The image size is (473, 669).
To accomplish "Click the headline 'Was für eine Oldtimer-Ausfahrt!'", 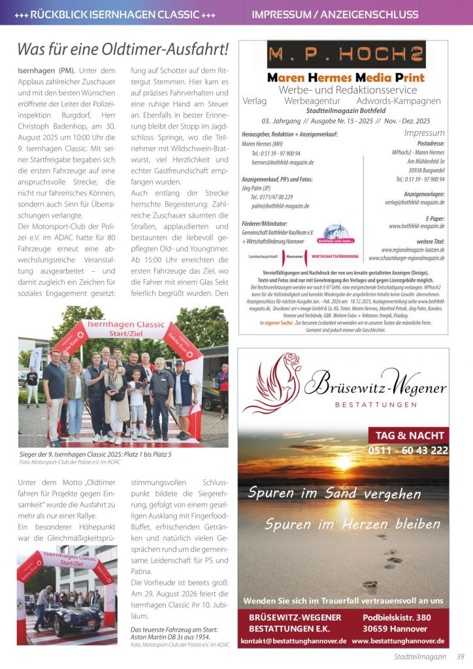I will pos(123,49).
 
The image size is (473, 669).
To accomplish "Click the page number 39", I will pos(461,657).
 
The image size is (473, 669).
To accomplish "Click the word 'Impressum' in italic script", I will pos(424,133).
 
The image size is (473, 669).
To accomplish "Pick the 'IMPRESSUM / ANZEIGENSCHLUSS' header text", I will pos(334,14).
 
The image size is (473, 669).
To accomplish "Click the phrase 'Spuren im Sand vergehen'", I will pos(334,493).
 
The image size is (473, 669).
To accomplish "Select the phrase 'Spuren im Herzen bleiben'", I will pos(343,524).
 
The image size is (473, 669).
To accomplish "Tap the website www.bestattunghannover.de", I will pos(398,641).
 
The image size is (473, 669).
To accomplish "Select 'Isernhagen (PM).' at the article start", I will pos(45,70).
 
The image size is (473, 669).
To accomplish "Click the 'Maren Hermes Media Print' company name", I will pos(346,77).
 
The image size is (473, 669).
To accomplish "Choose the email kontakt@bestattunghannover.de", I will pos(293,641).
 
